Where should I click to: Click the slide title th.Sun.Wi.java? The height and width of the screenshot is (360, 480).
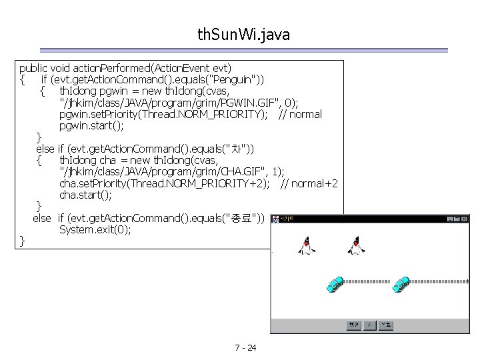tap(243, 35)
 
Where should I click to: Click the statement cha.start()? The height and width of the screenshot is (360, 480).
tap(85, 195)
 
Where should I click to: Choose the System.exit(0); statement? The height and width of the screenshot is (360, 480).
tap(95, 229)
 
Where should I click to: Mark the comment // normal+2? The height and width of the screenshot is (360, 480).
tap(309, 183)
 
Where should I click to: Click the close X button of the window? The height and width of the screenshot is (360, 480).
tap(465, 219)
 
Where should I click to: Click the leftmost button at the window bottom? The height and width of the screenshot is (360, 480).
tap(353, 325)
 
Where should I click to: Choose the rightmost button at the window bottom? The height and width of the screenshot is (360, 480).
tap(386, 325)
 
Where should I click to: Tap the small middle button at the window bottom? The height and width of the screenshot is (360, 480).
tap(370, 325)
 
